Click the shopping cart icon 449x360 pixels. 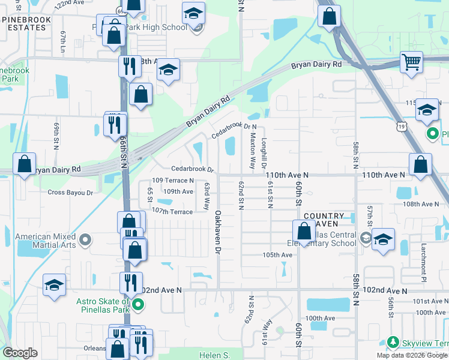[411, 62]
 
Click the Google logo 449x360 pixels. [20, 352]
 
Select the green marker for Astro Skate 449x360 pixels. [138, 305]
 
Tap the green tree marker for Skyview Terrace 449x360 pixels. [393, 341]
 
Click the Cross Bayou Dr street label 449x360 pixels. [70, 193]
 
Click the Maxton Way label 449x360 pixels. [253, 149]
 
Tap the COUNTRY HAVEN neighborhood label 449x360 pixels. [324, 220]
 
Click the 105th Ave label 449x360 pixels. [277, 254]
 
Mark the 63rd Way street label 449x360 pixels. [206, 196]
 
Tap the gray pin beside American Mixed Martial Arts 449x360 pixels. [85, 241]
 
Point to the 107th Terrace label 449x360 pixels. [172, 211]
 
